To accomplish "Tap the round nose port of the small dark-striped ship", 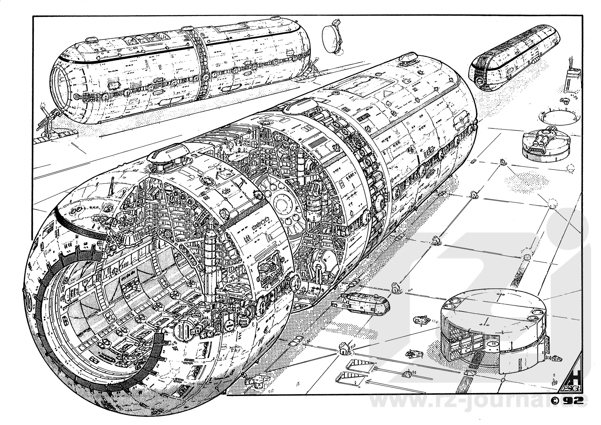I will tap(479, 81).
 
